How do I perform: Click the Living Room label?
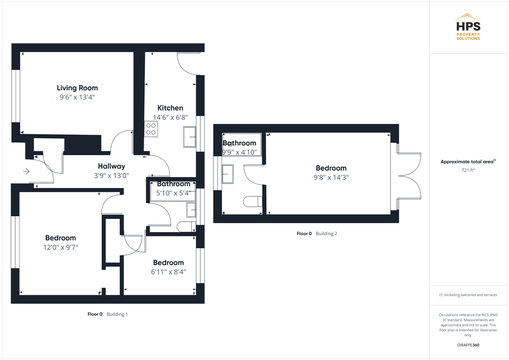point(77,88)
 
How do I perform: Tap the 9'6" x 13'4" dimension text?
point(77,97)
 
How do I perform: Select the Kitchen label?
point(170,108)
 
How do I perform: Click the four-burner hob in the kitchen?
point(151,129)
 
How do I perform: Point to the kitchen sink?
point(190,137)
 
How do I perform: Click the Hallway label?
point(112,166)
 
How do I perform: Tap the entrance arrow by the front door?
point(26,171)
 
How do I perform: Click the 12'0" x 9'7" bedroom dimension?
point(61,247)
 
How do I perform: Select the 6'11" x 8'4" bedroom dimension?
point(168,272)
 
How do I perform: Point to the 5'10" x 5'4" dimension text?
point(173,193)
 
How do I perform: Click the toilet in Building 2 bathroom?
point(253,201)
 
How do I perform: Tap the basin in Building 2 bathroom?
point(228,174)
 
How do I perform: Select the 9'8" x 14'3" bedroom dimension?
point(331,177)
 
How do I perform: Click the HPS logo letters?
point(468,26)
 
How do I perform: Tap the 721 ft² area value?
point(468,170)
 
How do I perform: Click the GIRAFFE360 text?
point(468,345)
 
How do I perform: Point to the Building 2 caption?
point(327,234)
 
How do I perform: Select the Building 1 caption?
point(117,314)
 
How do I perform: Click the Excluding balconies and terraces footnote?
point(468,295)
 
